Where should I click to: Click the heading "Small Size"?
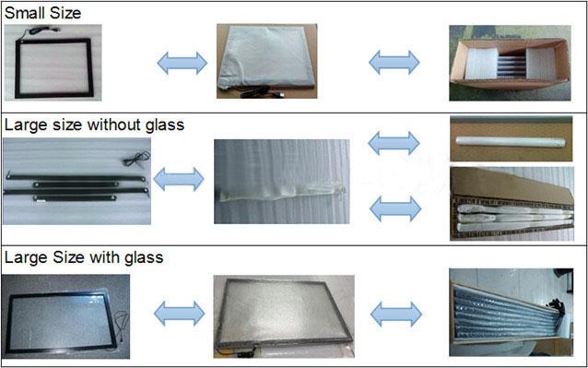tap(42, 13)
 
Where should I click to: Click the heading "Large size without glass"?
tap(95, 125)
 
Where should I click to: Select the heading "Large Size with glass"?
tap(84, 257)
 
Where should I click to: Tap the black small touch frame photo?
tap(53, 63)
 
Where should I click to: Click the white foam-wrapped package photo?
tap(266, 61)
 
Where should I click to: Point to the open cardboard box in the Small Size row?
tap(510, 63)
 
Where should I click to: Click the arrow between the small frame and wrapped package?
tap(182, 63)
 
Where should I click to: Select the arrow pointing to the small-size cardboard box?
tap(394, 62)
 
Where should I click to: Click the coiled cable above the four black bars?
tap(137, 158)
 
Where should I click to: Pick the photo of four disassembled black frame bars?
tap(76, 181)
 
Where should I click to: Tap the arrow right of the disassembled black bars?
tap(179, 179)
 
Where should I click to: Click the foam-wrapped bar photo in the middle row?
tap(282, 182)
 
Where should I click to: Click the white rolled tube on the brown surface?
tap(511, 142)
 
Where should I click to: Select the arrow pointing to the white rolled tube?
tap(394, 143)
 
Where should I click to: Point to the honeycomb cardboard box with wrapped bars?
tap(512, 204)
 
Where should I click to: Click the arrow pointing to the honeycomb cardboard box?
tap(395, 208)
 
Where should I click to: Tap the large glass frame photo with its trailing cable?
tap(65, 316)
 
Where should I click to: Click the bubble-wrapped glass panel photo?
tap(284, 316)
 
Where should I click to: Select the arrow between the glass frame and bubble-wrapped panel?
tap(179, 314)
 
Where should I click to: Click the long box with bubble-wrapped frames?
tap(512, 312)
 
